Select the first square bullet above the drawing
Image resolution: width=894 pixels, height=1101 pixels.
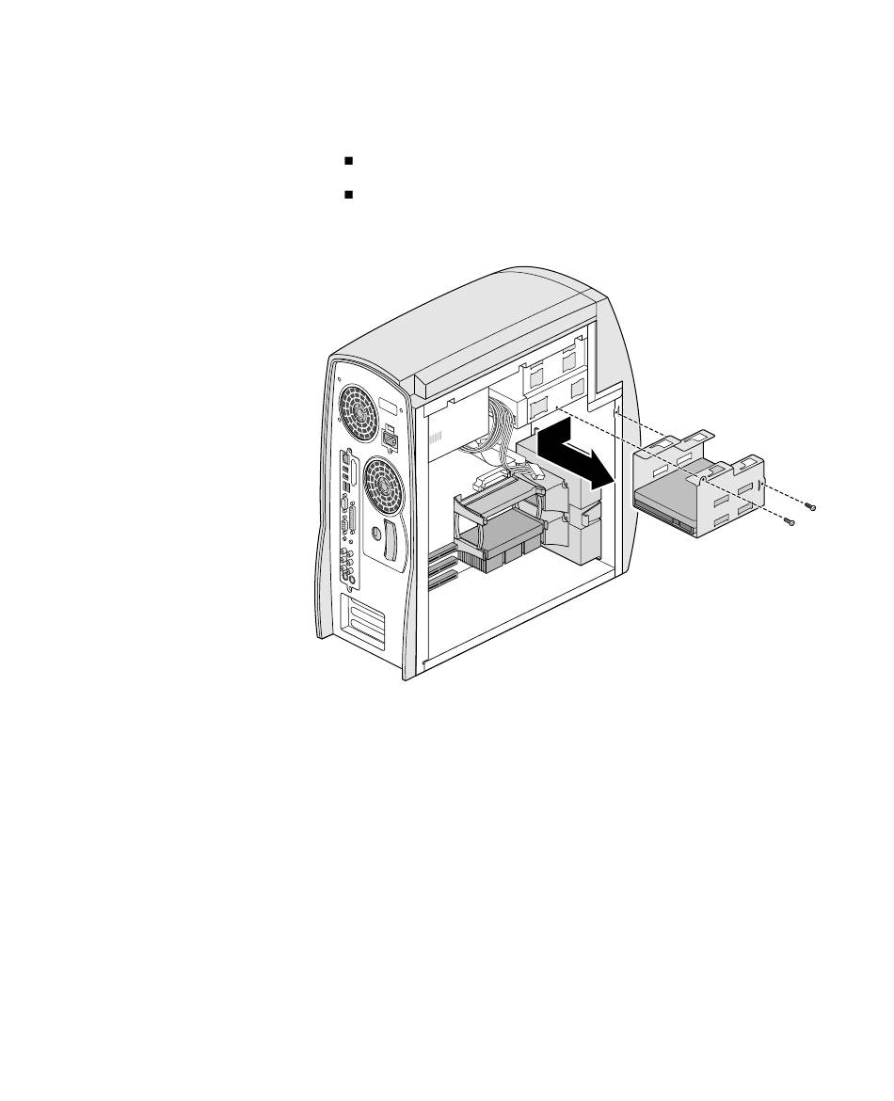click(x=348, y=161)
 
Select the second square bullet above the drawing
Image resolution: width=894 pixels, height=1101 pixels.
click(x=348, y=195)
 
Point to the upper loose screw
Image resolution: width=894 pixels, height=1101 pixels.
click(x=811, y=508)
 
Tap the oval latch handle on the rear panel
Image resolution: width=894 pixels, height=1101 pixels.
click(x=391, y=545)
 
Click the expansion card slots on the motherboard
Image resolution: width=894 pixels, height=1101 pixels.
click(x=440, y=565)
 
